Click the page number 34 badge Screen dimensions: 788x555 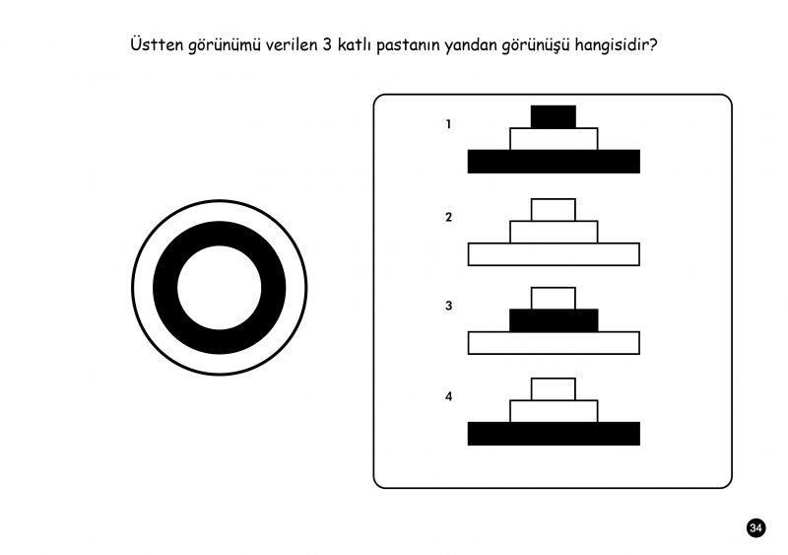(755, 527)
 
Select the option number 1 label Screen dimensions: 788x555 (448, 124)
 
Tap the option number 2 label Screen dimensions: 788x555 (448, 217)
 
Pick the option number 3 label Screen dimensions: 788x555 (448, 306)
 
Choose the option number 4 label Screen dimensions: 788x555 (448, 396)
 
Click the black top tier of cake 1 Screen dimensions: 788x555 (554, 116)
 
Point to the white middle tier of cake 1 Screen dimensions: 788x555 (554, 139)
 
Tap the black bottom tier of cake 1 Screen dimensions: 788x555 (554, 162)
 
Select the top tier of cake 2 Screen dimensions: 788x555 (554, 210)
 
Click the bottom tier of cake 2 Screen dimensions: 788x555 (554, 254)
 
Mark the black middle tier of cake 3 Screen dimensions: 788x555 (554, 320)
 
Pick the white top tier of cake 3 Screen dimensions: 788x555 (554, 299)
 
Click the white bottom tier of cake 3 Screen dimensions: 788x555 (554, 343)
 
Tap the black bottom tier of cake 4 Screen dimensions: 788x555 (554, 434)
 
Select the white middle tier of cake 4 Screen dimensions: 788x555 (554, 411)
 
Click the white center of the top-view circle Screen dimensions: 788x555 (219, 287)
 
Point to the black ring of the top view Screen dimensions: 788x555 (165, 287)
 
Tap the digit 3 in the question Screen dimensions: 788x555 (327, 44)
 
